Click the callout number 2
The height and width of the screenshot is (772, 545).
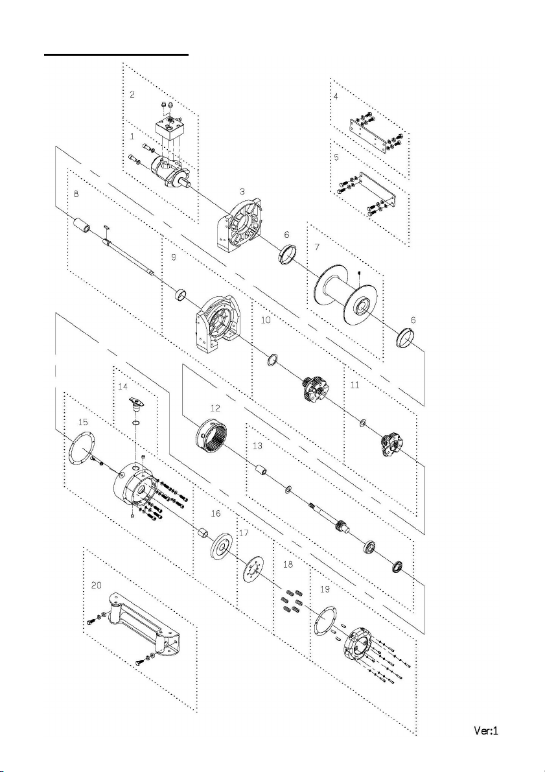click(132, 95)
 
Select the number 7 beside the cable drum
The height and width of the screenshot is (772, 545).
click(317, 248)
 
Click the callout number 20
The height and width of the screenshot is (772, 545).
click(96, 584)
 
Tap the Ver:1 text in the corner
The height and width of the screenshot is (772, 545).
click(485, 731)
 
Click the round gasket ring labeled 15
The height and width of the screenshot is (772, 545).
click(80, 447)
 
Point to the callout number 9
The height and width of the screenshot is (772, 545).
click(172, 257)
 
